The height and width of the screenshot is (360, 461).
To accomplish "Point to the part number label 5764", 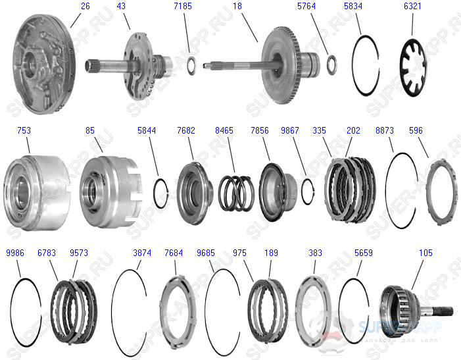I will click(306, 6).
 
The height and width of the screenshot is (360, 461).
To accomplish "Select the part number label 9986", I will click(16, 253).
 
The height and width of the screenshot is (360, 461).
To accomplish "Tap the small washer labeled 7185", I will click(193, 64).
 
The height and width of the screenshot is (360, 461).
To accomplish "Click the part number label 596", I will click(416, 131).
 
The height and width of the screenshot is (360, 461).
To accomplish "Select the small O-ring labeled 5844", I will click(160, 192).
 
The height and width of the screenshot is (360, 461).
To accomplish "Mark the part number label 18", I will click(237, 6).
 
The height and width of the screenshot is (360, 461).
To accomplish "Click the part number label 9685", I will click(205, 253).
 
